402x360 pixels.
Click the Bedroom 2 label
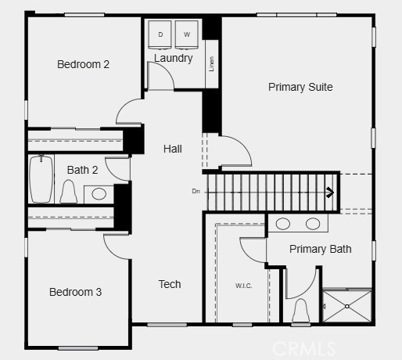[x=83, y=64]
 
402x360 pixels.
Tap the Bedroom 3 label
[x=75, y=292]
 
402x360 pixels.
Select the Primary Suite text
[x=300, y=87]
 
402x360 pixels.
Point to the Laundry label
[x=173, y=58]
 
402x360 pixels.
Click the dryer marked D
[x=160, y=34]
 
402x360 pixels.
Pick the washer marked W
[x=187, y=34]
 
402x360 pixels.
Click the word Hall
[x=173, y=149]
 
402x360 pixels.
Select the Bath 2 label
[x=82, y=170]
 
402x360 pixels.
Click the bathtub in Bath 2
[x=41, y=179]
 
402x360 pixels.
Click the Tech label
[x=170, y=284]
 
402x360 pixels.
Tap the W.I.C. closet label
[x=244, y=286]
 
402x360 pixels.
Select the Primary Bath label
[x=320, y=249]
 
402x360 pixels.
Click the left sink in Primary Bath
[x=283, y=224]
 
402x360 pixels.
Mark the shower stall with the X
[x=346, y=305]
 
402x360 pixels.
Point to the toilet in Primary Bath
[x=300, y=311]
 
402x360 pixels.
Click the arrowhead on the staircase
[x=332, y=190]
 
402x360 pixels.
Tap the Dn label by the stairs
[x=196, y=190]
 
